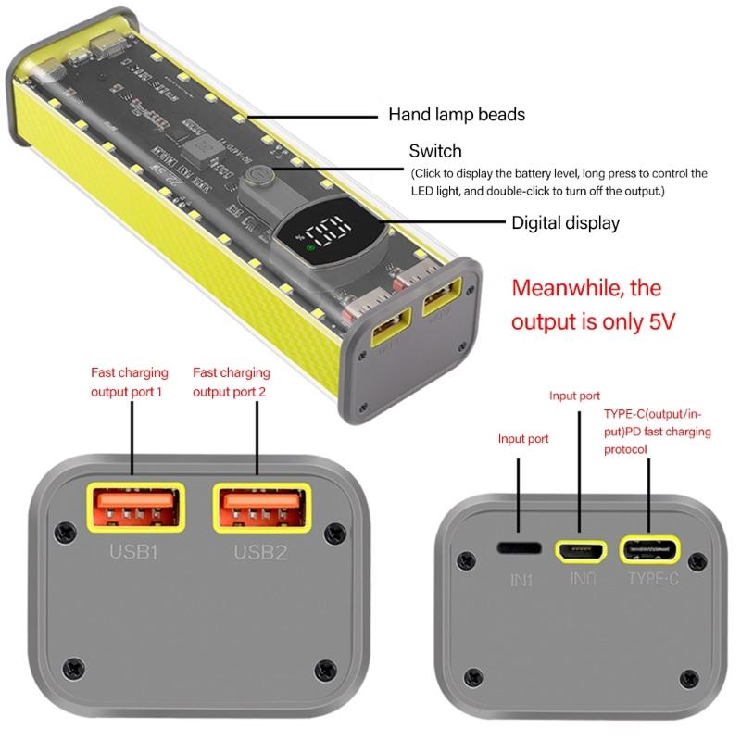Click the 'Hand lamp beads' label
[457, 115]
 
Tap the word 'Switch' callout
[435, 150]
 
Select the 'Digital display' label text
[565, 223]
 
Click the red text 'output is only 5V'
[593, 321]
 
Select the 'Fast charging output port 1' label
[130, 382]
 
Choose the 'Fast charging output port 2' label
[232, 382]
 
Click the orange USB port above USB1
[132, 507]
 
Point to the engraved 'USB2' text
[260, 554]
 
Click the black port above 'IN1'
[519, 548]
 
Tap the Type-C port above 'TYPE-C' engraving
[649, 550]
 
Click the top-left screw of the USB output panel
[65, 533]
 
